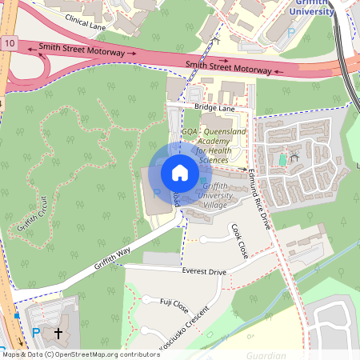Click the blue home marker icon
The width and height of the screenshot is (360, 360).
[180, 173]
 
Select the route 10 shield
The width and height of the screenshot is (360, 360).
[8, 42]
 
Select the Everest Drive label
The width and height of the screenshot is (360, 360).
[205, 272]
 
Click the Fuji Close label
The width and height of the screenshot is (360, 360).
[174, 305]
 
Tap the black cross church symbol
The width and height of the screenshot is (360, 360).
[58, 331]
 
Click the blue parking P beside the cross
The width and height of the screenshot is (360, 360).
[35, 332]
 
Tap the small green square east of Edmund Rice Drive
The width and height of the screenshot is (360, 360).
[282, 160]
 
